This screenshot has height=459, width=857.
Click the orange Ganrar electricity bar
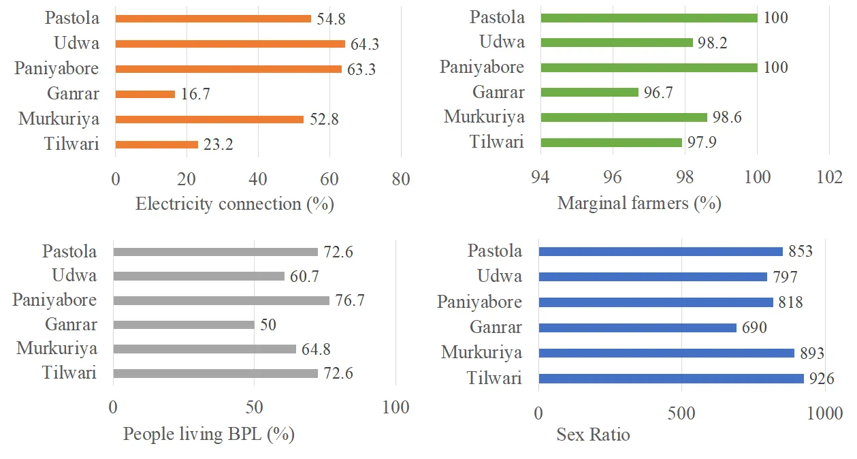[145, 94]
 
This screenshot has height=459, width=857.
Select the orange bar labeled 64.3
[231, 44]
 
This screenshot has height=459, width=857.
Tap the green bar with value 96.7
[589, 92]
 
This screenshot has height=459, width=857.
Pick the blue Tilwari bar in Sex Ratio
[670, 379]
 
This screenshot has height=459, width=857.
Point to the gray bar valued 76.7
[221, 300]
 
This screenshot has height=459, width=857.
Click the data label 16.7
[195, 94]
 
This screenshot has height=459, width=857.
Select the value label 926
[822, 379]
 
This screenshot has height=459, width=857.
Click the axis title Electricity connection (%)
[235, 204]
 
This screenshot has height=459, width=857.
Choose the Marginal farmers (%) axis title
[638, 203]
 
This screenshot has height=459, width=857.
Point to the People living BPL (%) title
[208, 434]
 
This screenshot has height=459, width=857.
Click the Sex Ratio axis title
[593, 434]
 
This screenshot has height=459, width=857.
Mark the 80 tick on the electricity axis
[401, 179]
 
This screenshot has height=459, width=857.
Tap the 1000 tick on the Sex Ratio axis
[824, 413]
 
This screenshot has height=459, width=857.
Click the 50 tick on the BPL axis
[254, 407]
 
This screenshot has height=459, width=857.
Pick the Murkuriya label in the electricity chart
[59, 119]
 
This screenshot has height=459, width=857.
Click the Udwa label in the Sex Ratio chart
[500, 276]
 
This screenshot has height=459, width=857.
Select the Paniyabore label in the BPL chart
[54, 300]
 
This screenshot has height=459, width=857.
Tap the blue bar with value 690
[637, 328]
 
